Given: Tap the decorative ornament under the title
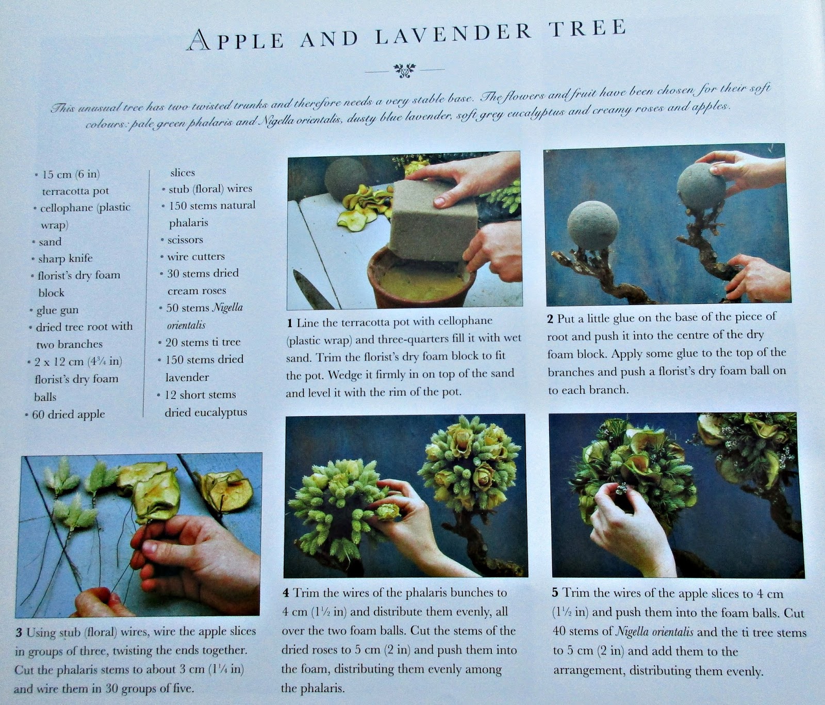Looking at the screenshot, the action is click(404, 69).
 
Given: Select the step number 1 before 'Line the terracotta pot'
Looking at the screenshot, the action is click(290, 323).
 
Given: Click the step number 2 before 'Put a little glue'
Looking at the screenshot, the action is click(551, 319).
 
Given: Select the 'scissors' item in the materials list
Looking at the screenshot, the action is click(185, 240).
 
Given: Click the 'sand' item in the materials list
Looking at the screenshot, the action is click(50, 242).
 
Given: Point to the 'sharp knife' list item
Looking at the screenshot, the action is click(65, 258).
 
